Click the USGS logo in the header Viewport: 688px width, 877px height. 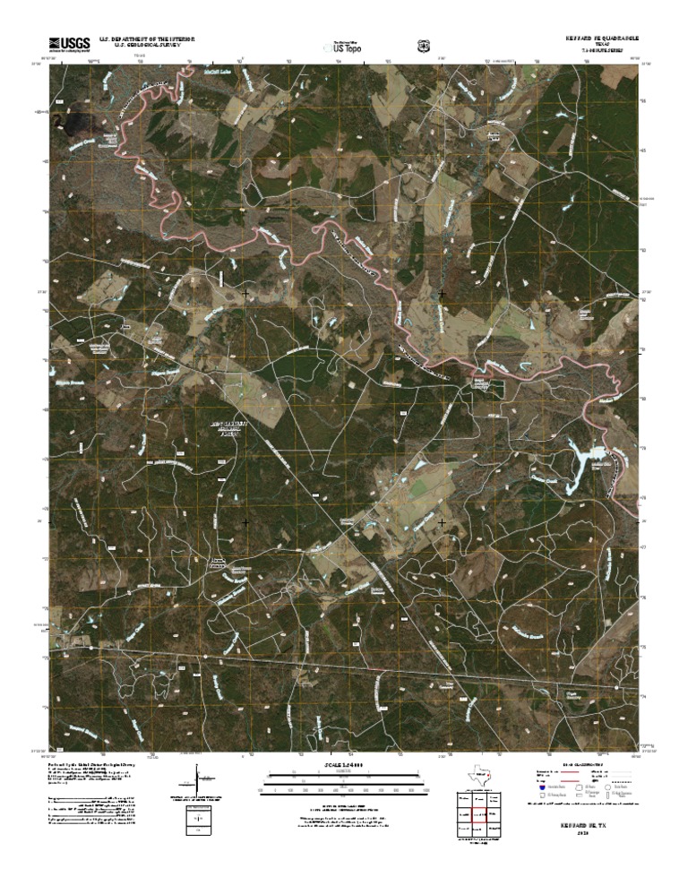tap(70, 43)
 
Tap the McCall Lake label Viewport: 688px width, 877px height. tap(217, 71)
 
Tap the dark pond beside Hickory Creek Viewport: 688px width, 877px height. tap(74, 122)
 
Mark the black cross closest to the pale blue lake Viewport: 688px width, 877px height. tap(442, 520)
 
